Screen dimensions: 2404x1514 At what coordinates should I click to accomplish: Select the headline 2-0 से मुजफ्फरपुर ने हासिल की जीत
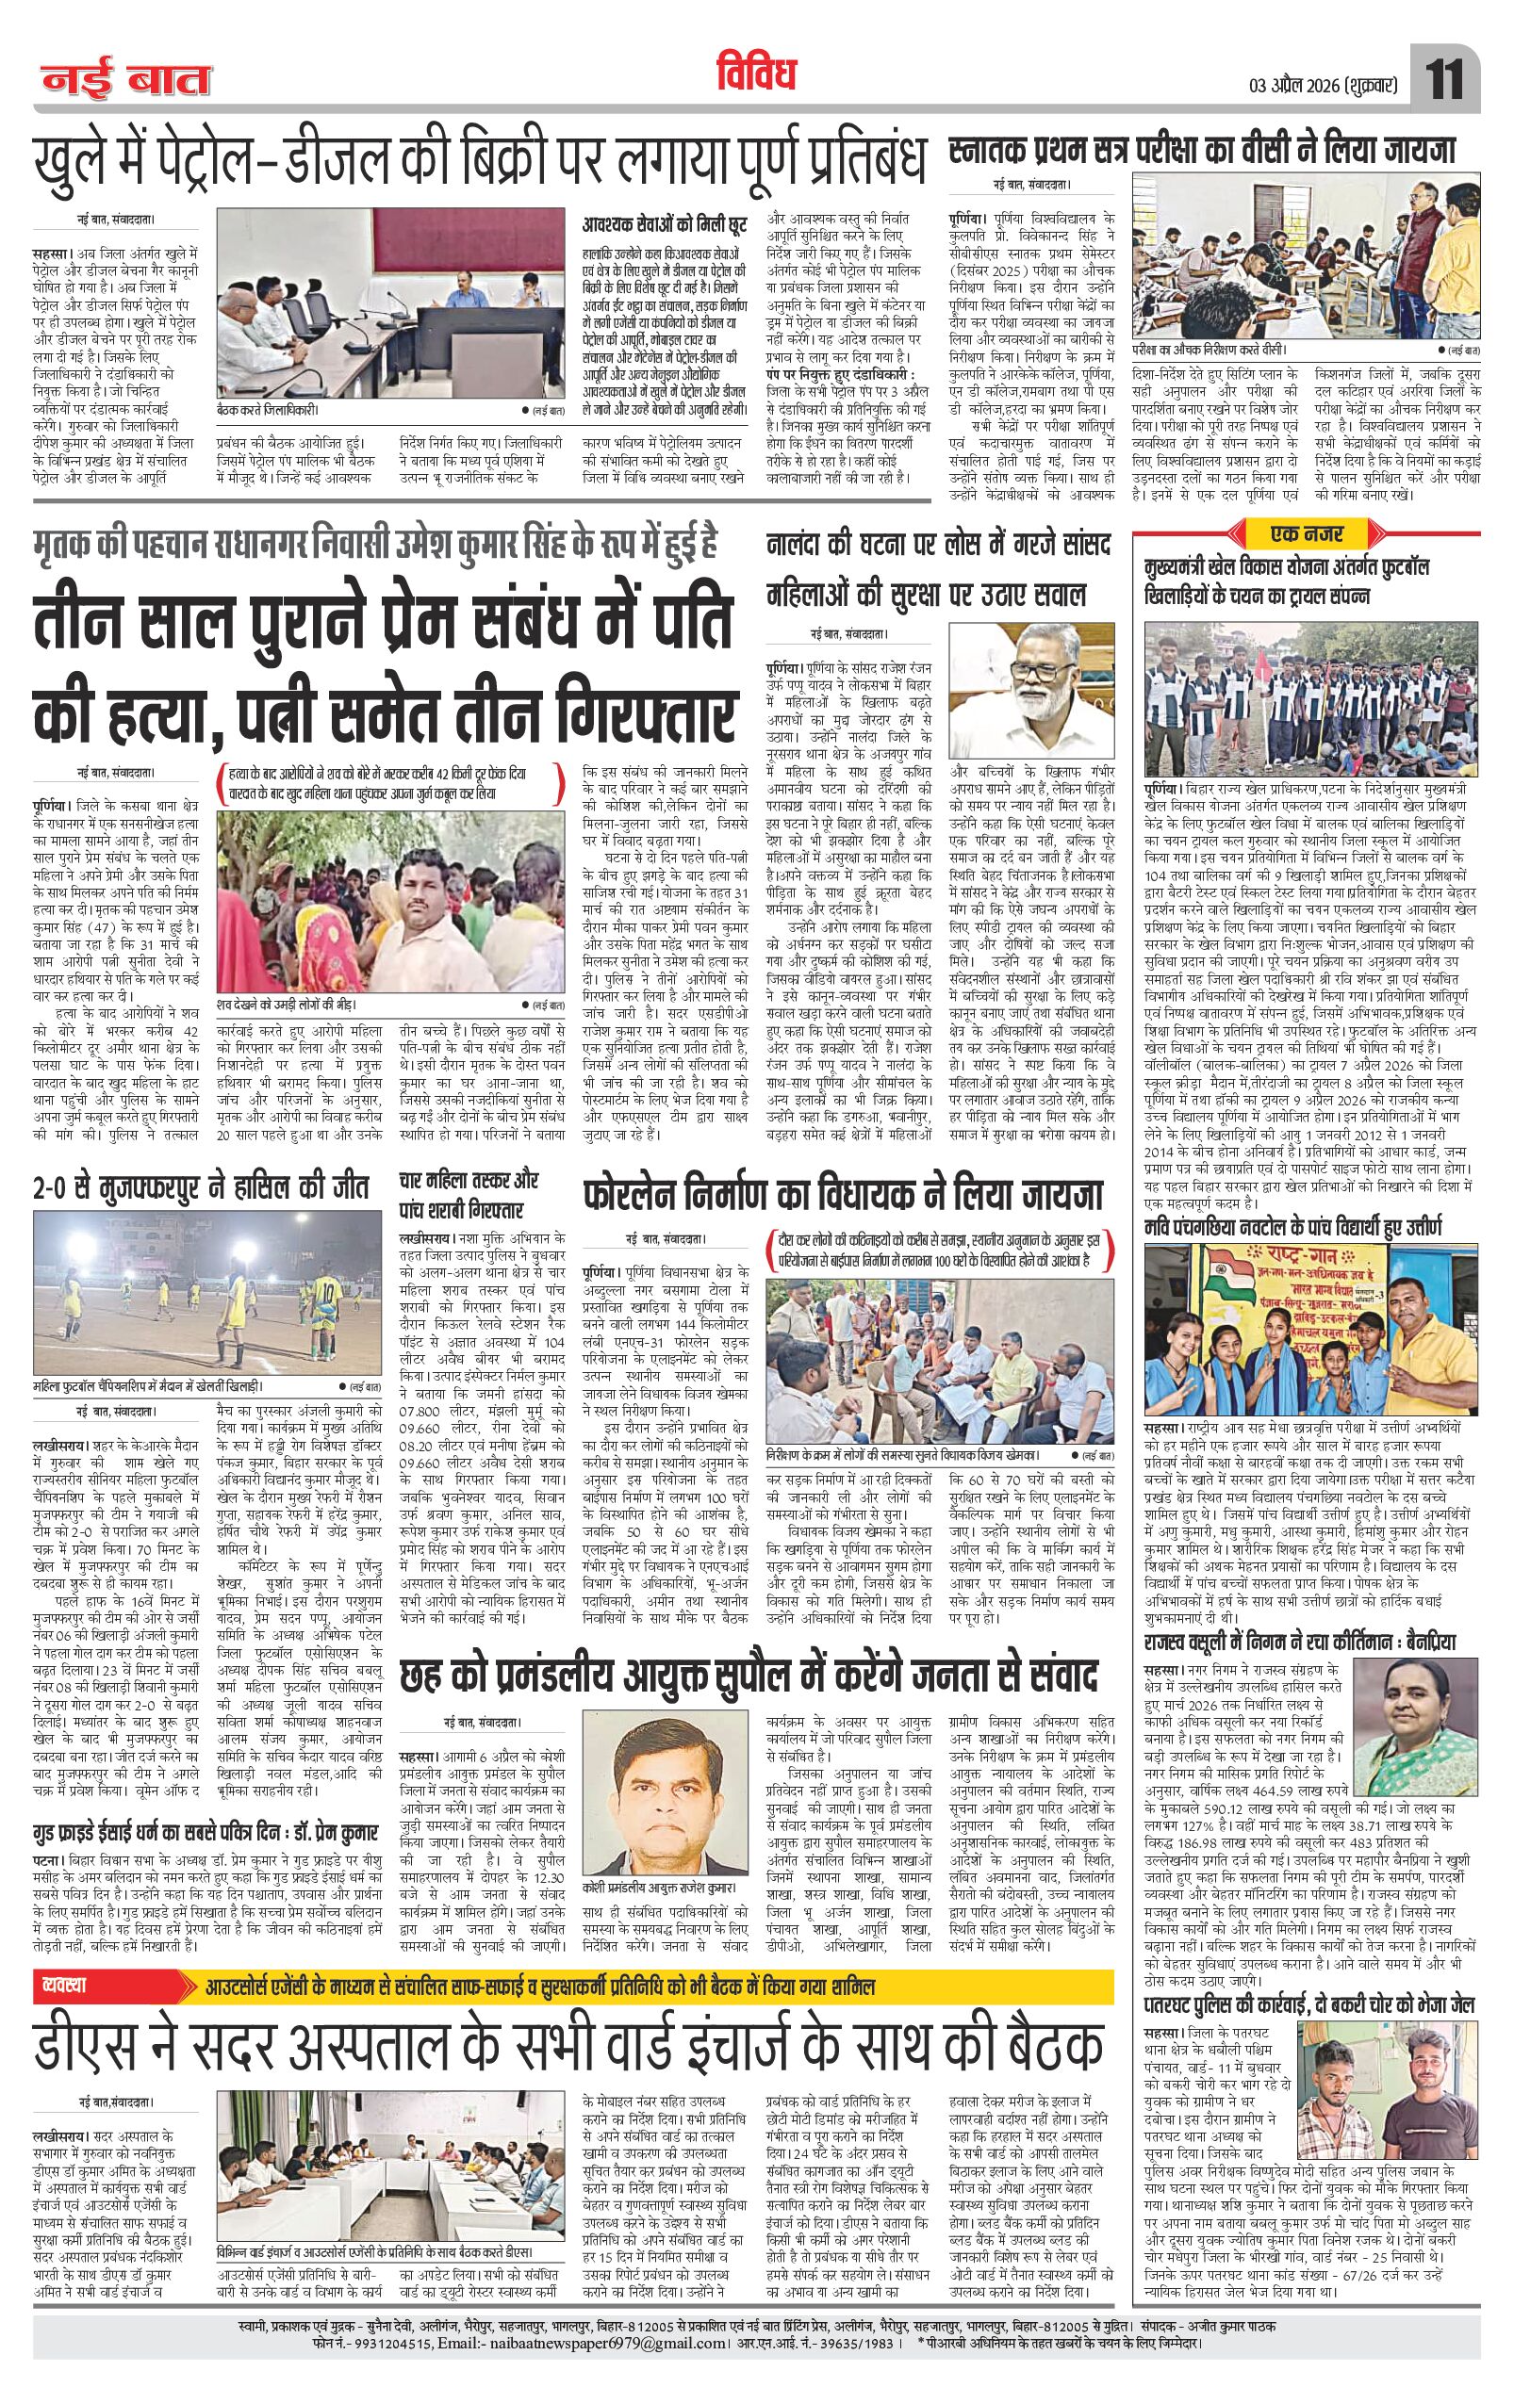[x=200, y=1188]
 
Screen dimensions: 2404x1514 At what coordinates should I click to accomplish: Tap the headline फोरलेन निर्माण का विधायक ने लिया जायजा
[x=843, y=1195]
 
